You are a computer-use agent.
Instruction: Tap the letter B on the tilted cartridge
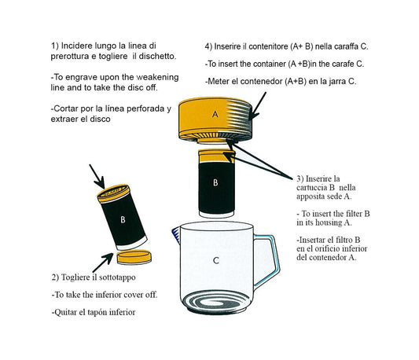pyautogui.click(x=123, y=220)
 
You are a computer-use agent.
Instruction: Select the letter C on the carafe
pyautogui.click(x=215, y=259)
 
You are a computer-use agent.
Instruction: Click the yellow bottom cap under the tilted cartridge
pyautogui.click(x=134, y=258)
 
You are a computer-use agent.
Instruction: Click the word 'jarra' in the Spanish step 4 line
pyautogui.click(x=339, y=81)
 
